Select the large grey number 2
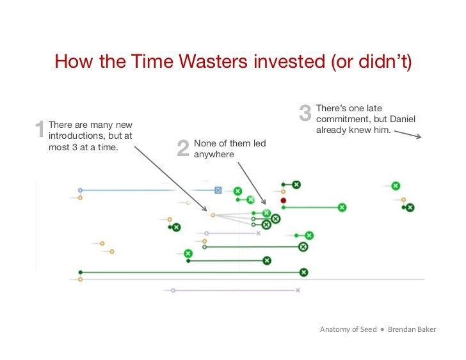click(x=182, y=148)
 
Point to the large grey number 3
click(x=305, y=114)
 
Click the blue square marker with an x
click(x=218, y=190)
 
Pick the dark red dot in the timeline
click(x=283, y=200)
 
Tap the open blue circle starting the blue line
click(x=80, y=190)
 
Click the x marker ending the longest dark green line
click(x=303, y=272)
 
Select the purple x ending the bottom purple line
click(x=298, y=290)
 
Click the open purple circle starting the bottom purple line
click(x=173, y=290)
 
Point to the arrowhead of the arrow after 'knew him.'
click(x=419, y=136)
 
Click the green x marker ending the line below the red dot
click(x=342, y=207)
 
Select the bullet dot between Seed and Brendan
click(x=382, y=329)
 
